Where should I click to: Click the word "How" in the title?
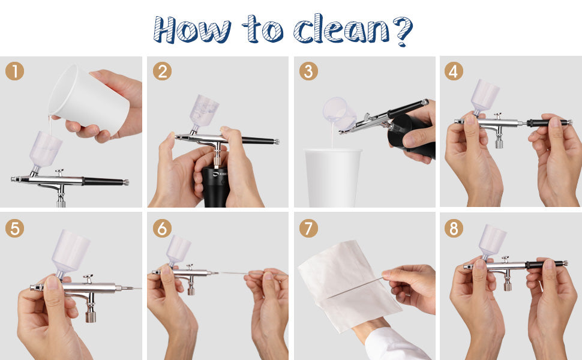191,29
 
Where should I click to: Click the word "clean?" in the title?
353,29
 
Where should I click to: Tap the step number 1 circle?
14,71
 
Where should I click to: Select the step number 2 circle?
161,71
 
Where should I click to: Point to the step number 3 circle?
308,71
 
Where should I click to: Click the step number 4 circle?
454,71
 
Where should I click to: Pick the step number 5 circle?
14,228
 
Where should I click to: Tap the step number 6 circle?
161,228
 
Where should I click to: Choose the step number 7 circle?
308,228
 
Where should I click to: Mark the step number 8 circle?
454,228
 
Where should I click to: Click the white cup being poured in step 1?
90,99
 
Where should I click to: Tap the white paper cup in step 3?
333,177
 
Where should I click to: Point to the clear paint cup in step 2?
204,111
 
